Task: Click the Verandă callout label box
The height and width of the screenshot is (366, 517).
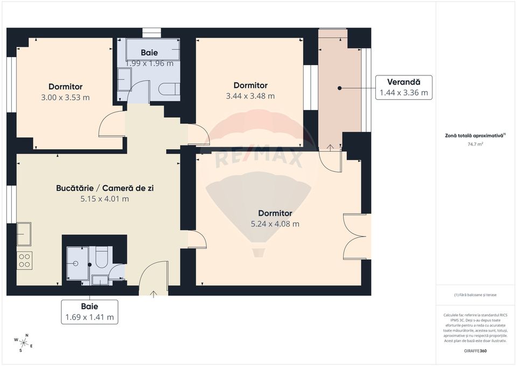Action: [403, 87]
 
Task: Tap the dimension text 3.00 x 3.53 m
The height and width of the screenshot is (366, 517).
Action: [65, 98]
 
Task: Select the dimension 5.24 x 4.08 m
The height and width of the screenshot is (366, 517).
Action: [275, 224]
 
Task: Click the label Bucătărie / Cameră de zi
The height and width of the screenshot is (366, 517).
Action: [101, 189]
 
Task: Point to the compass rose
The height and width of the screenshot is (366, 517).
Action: [24, 342]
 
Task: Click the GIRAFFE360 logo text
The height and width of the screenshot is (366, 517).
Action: [475, 351]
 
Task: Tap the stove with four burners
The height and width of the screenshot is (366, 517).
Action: [24, 260]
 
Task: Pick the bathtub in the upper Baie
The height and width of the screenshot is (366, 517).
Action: [153, 50]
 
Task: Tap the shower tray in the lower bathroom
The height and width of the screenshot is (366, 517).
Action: [76, 264]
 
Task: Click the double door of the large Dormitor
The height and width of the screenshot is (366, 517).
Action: [357, 236]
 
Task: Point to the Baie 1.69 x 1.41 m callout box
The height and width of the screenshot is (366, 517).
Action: [89, 312]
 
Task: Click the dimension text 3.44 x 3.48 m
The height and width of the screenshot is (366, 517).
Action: [250, 96]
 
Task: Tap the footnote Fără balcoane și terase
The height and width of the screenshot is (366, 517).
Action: [475, 295]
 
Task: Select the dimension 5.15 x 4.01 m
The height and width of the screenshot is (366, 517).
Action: [101, 198]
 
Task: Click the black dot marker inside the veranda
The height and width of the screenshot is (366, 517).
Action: [340, 88]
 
